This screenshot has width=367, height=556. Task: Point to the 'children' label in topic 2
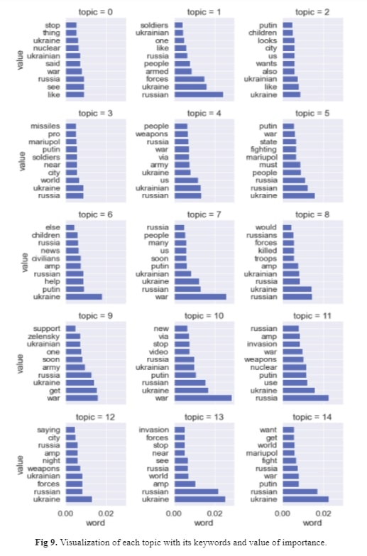coord(262,33)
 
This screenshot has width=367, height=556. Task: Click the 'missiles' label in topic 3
coord(45,126)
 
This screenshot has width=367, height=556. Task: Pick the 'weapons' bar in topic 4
coord(181,134)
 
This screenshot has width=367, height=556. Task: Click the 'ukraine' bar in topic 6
coord(84,296)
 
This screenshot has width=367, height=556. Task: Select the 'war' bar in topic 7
coord(200,296)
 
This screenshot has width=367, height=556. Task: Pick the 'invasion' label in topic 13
coord(154,430)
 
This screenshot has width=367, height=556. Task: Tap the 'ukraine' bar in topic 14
coord(306,499)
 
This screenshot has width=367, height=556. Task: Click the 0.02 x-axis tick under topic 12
coord(106,512)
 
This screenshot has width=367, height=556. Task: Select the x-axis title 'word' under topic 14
coord(312,523)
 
